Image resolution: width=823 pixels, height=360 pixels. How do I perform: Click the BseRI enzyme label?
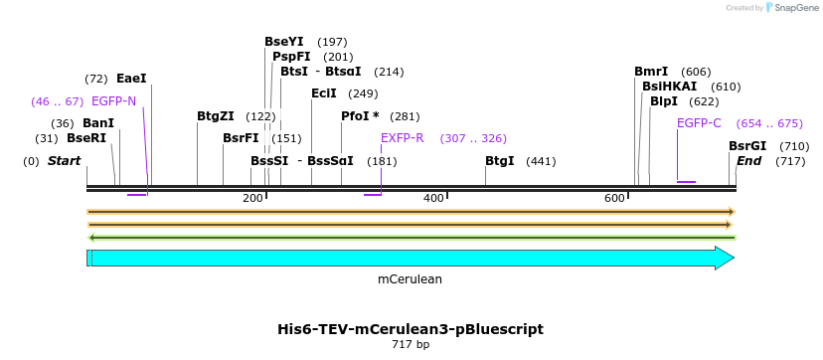(86, 138)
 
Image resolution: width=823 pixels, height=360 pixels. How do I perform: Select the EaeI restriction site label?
(131, 79)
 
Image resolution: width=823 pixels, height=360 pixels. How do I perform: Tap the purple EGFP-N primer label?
(113, 101)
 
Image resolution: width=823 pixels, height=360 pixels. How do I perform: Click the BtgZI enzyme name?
(216, 116)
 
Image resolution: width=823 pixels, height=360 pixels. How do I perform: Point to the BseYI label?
(284, 42)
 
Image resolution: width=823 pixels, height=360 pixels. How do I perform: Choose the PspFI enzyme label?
(291, 57)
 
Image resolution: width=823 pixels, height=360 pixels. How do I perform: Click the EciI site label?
(324, 93)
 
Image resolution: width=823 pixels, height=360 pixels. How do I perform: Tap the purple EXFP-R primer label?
(402, 138)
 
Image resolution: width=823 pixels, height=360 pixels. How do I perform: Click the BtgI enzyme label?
(500, 161)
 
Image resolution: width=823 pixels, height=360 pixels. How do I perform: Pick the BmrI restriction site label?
(651, 72)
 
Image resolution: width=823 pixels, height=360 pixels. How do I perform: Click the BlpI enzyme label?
(664, 101)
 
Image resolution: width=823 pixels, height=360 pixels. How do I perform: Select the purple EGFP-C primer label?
(699, 123)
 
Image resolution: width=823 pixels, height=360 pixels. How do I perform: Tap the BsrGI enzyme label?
(747, 146)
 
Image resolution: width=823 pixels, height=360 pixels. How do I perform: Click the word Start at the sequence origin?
(65, 161)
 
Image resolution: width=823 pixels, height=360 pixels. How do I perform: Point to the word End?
(749, 161)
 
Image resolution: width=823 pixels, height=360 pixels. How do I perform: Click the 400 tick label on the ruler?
(433, 199)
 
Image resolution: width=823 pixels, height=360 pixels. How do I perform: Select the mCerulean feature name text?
(410, 279)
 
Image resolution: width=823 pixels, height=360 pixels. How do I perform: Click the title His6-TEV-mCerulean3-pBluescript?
(411, 329)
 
